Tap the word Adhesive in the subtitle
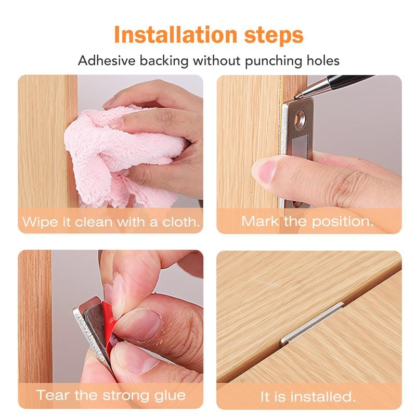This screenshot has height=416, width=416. [x=107, y=60]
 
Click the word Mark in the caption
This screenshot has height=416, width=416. [x=260, y=221]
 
